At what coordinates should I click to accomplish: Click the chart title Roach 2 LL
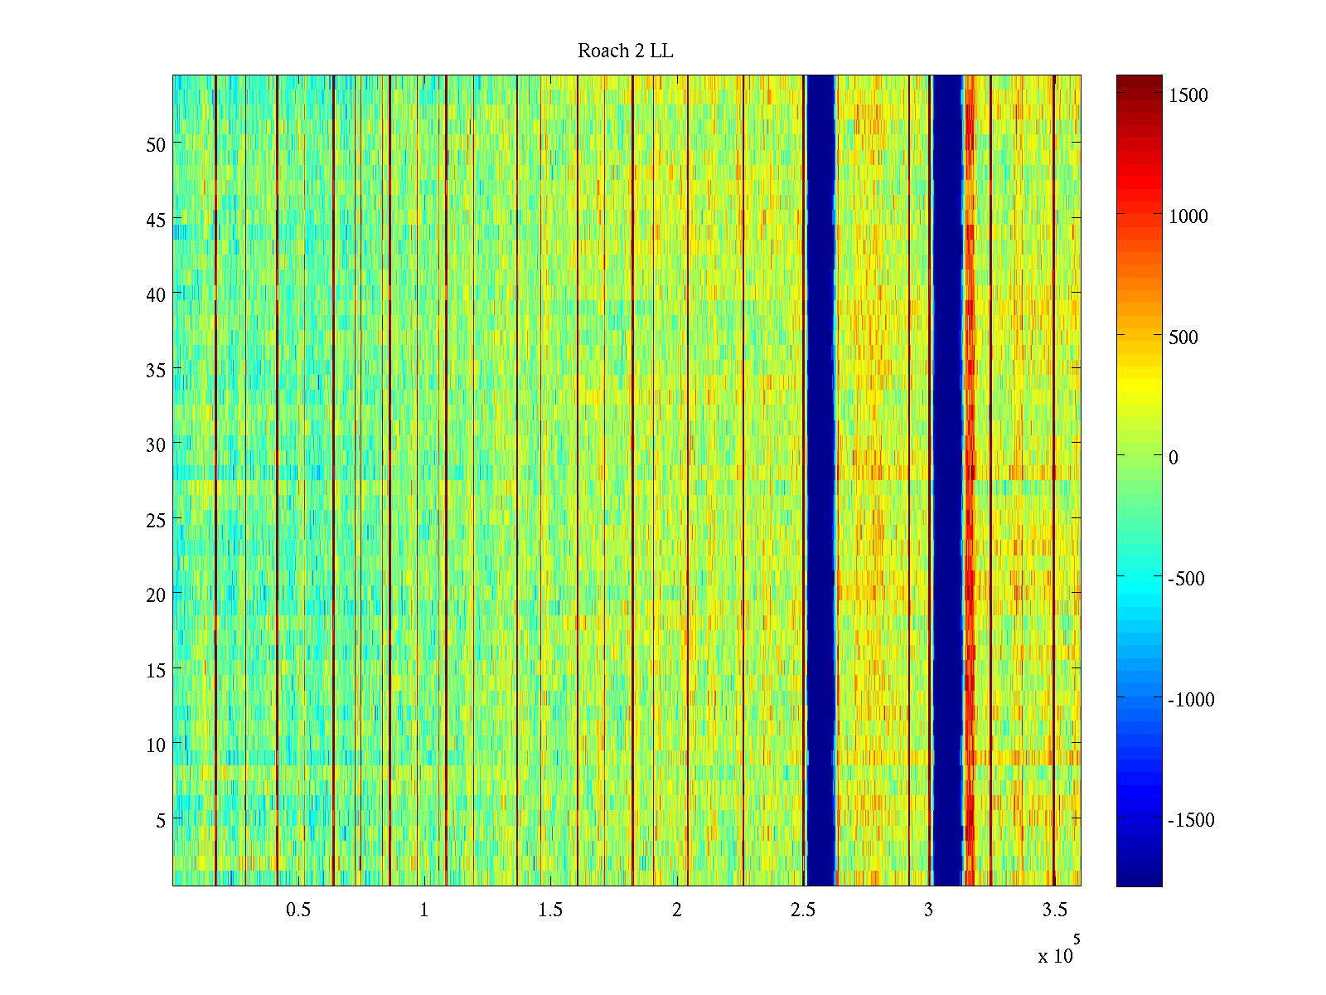[x=625, y=51]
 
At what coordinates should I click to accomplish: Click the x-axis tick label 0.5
[x=298, y=910]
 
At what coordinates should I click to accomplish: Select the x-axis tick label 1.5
[x=550, y=910]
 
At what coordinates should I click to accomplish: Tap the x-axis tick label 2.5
[x=802, y=910]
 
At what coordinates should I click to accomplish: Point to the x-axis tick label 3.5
[x=1054, y=910]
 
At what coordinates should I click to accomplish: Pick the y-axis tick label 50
[x=156, y=144]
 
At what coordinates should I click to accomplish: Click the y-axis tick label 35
[x=156, y=370]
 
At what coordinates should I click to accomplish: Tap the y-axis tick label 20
[x=156, y=595]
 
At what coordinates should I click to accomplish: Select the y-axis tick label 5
[x=161, y=821]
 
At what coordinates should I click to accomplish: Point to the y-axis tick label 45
[x=156, y=220]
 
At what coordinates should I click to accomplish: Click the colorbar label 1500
[x=1188, y=95]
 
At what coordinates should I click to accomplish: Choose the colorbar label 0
[x=1173, y=458]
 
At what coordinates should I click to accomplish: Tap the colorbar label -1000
[x=1191, y=700]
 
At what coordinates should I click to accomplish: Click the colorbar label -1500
[x=1191, y=820]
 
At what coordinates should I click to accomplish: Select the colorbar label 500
[x=1183, y=337]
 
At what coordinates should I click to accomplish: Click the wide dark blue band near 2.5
[x=820, y=481]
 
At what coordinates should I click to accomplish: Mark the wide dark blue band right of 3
[x=948, y=481]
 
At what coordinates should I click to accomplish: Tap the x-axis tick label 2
[x=677, y=910]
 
